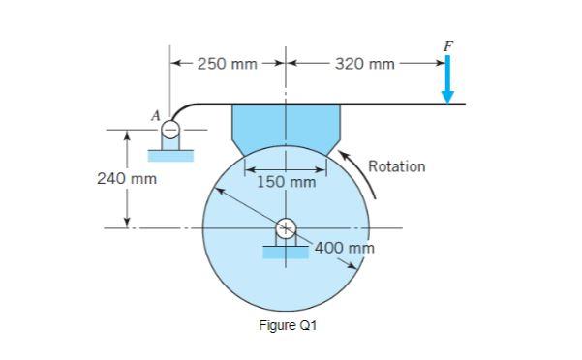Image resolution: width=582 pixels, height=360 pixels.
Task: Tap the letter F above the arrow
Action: pyautogui.click(x=447, y=45)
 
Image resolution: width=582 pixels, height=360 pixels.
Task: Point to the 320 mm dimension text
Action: pyautogui.click(x=365, y=64)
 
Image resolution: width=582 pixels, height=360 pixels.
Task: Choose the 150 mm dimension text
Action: pyautogui.click(x=286, y=182)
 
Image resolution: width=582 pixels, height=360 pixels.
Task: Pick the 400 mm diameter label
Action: pyautogui.click(x=343, y=249)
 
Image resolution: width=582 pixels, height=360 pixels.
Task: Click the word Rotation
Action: pyautogui.click(x=396, y=166)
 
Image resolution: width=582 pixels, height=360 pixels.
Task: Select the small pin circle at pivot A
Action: pyautogui.click(x=170, y=128)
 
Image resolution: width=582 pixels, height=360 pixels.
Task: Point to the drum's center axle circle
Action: pyautogui.click(x=286, y=228)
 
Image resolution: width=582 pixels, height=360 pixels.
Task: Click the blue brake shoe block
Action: pyautogui.click(x=286, y=127)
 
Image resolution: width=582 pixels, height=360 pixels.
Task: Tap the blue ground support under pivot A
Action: pyautogui.click(x=170, y=154)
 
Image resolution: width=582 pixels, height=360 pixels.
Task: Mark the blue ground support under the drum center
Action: pyautogui.click(x=286, y=253)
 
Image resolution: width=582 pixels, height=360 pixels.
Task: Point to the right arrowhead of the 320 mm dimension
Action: pyautogui.click(x=440, y=64)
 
